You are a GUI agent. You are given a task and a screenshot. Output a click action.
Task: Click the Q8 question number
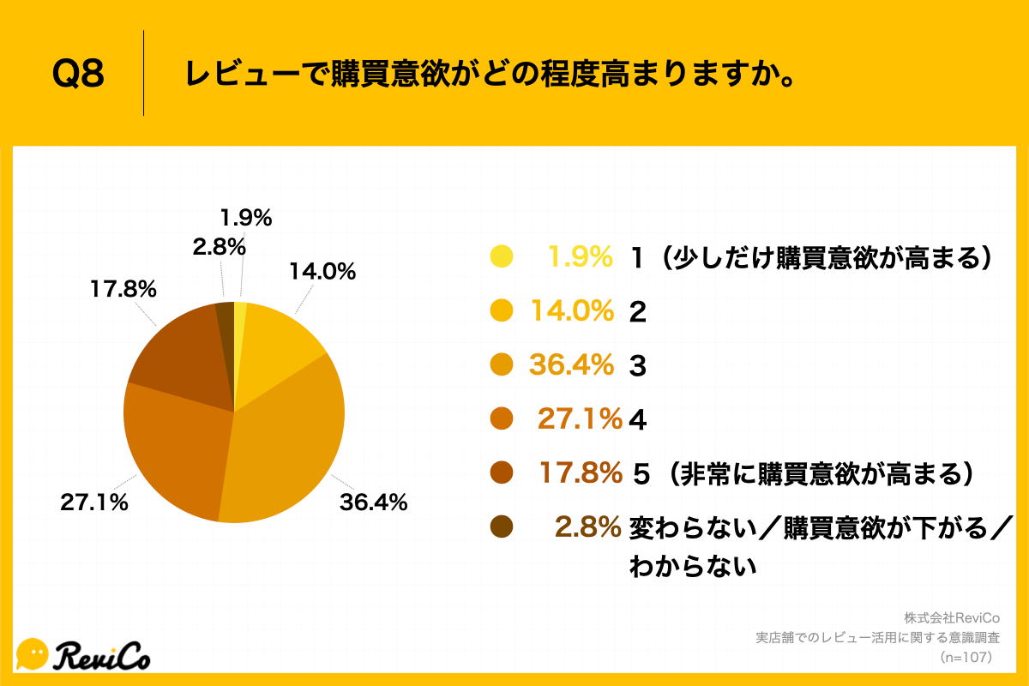[x=79, y=75]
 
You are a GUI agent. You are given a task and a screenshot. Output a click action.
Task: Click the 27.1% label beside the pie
[x=94, y=502]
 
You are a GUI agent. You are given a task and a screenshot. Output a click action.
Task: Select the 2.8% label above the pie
[x=220, y=248]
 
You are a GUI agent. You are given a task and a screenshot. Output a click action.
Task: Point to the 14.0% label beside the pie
[x=322, y=273]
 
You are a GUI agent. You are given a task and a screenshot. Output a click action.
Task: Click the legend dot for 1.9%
[x=501, y=256]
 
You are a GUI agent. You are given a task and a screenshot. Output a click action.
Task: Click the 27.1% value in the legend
[x=580, y=419]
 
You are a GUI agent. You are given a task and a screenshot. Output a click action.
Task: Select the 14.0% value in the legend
[x=573, y=311]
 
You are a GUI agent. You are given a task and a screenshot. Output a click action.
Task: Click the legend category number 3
[x=637, y=366]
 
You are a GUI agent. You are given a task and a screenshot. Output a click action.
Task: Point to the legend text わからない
[x=694, y=566]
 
